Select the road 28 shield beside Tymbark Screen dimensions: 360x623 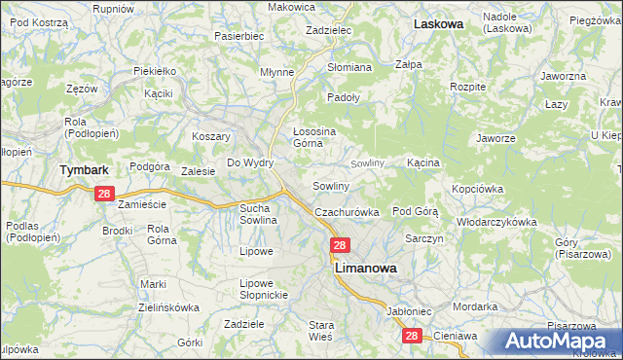pyautogui.click(x=106, y=195)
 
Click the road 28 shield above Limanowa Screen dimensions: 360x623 pyautogui.click(x=339, y=246)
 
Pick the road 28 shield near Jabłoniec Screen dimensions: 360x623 pyautogui.click(x=412, y=335)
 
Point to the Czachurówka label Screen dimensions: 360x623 pyautogui.click(x=346, y=212)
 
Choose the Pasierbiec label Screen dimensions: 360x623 pyautogui.click(x=239, y=35)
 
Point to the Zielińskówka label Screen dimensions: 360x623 pyautogui.click(x=168, y=306)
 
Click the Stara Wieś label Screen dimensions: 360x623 pyautogui.click(x=321, y=330)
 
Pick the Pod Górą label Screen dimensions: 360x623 pyautogui.click(x=416, y=210)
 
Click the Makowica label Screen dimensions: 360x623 pyautogui.click(x=292, y=7)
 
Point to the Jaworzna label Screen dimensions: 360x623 pyautogui.click(x=564, y=75)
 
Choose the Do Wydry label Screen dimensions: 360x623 pyautogui.click(x=250, y=162)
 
